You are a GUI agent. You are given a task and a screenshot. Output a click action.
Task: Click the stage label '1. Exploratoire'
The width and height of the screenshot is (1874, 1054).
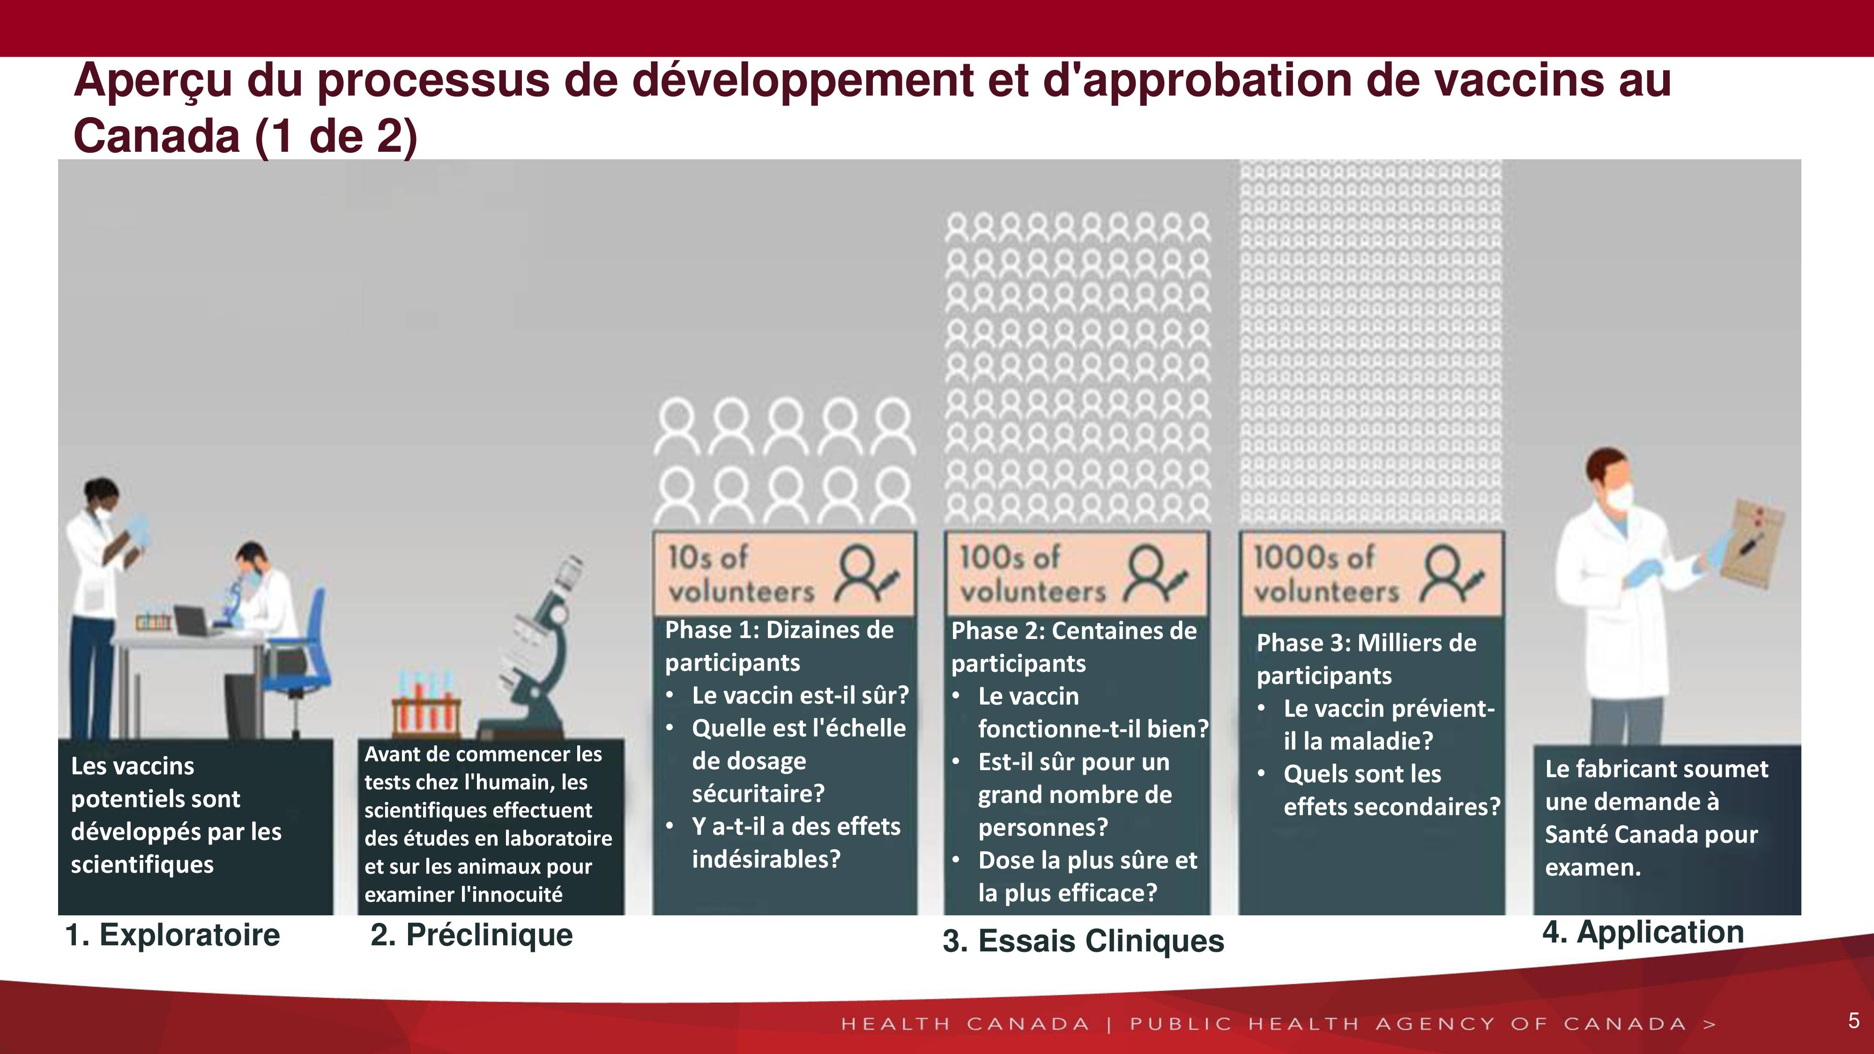click(172, 935)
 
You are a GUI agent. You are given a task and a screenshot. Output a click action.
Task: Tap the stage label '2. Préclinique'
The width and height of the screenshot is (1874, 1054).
click(471, 935)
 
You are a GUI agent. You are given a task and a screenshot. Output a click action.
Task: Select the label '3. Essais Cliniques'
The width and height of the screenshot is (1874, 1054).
click(1083, 941)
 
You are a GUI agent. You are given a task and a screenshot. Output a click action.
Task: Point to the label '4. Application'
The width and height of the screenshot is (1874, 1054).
click(1643, 932)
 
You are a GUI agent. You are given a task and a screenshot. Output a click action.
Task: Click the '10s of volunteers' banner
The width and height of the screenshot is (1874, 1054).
click(784, 574)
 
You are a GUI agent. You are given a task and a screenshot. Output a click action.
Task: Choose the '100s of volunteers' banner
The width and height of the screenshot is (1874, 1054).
click(1077, 574)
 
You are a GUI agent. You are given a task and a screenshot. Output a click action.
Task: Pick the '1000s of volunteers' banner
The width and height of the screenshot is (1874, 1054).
click(1371, 574)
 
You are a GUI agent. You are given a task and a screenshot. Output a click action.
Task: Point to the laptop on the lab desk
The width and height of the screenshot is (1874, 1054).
click(191, 621)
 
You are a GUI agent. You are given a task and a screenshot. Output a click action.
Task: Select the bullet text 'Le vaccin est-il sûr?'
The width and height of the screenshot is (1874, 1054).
click(800, 695)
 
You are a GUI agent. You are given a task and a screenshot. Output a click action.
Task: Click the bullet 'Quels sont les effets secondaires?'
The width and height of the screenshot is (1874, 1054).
click(1391, 790)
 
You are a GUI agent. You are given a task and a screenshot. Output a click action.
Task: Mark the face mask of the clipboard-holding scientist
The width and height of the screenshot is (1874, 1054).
click(1621, 497)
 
